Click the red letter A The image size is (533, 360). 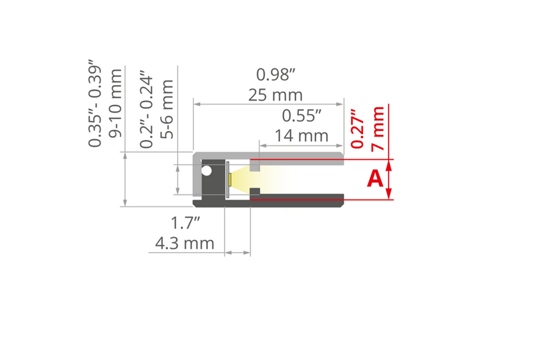[x=375, y=179]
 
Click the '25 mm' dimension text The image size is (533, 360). [x=275, y=95]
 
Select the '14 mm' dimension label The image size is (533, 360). [x=302, y=135]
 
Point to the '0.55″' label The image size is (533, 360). [x=302, y=115]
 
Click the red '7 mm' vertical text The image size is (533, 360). [x=378, y=129]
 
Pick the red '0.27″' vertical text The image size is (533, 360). [x=357, y=130]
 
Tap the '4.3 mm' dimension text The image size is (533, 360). [x=185, y=243]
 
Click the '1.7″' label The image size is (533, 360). [x=186, y=223]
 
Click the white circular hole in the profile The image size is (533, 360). [x=206, y=171]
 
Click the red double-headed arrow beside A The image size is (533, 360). [x=389, y=180]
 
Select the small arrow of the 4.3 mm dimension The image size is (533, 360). [x=238, y=253]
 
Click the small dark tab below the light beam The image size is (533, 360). [x=254, y=192]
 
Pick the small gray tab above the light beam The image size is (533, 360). [x=255, y=164]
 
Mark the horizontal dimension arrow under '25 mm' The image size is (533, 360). [x=269, y=103]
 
